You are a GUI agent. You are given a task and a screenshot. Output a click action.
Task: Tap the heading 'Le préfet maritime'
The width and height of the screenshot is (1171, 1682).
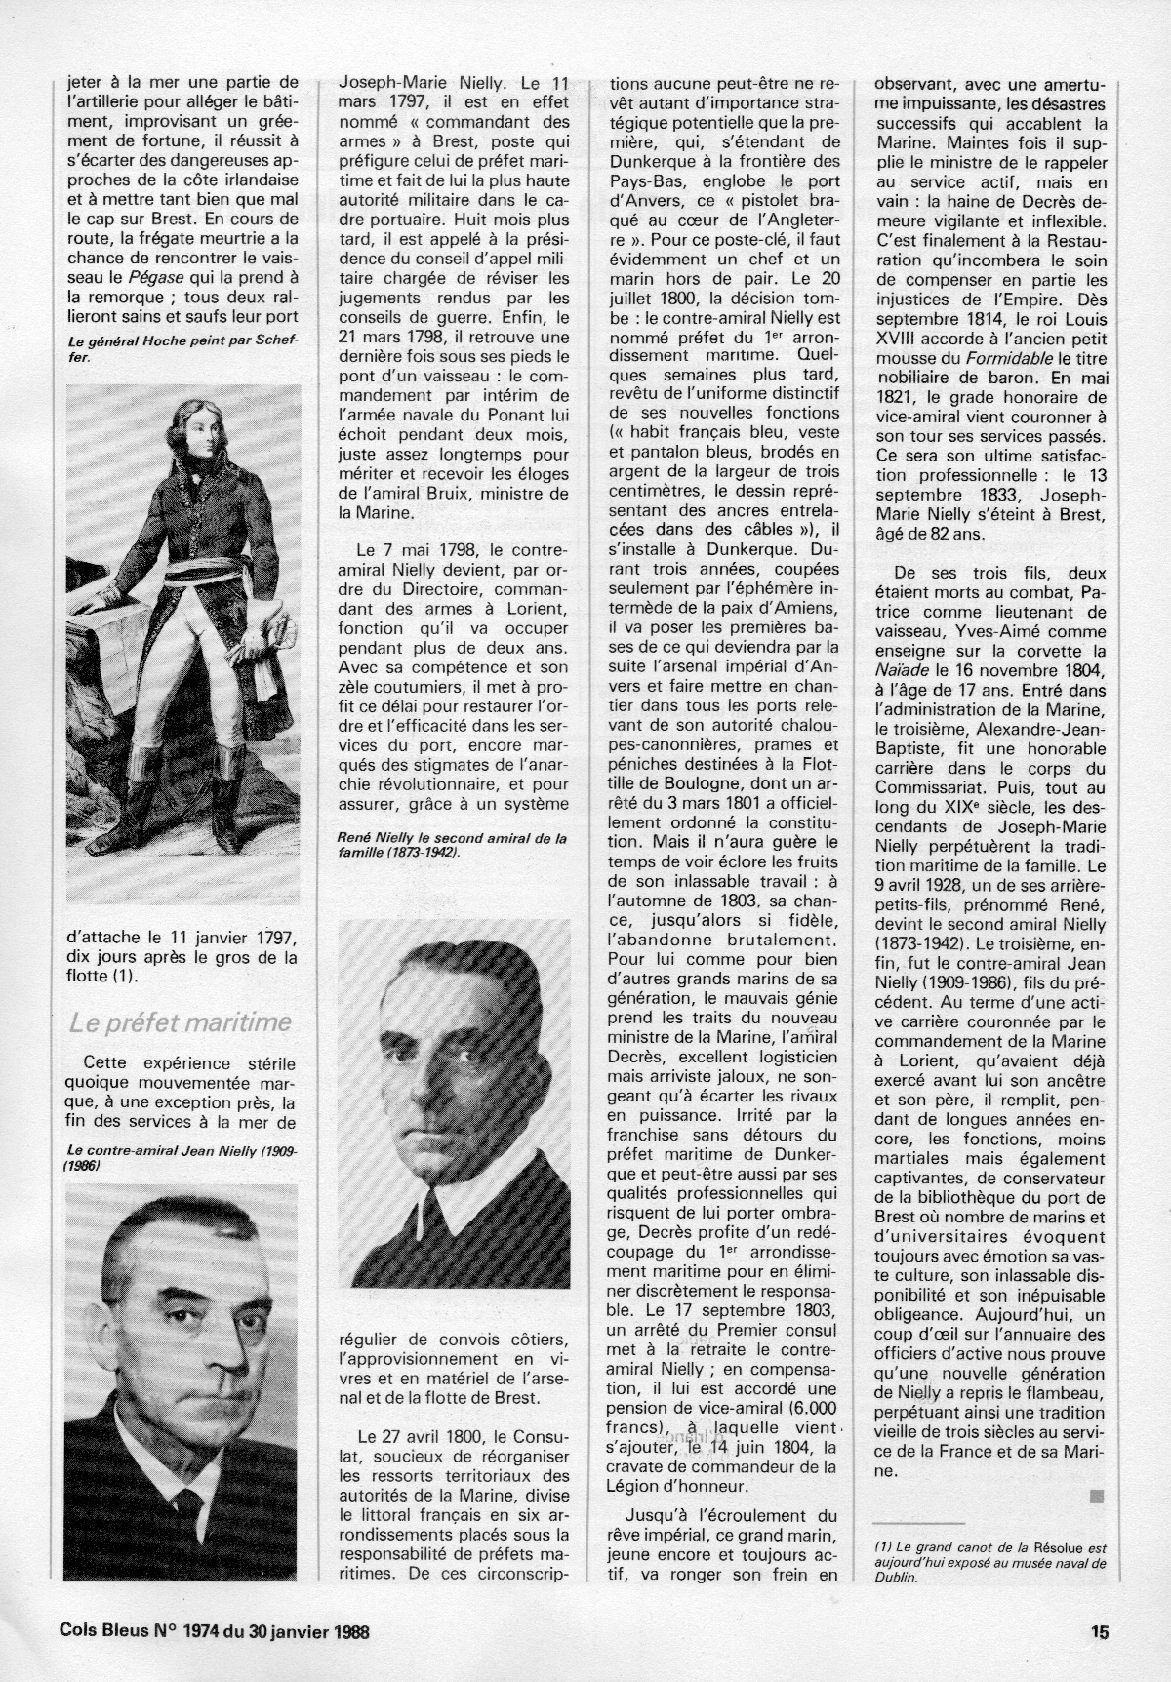click(180, 1022)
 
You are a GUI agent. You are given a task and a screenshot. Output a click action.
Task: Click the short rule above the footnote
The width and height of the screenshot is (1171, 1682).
click(917, 1522)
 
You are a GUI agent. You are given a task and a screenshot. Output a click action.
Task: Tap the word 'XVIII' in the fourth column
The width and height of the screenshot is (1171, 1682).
click(895, 339)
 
